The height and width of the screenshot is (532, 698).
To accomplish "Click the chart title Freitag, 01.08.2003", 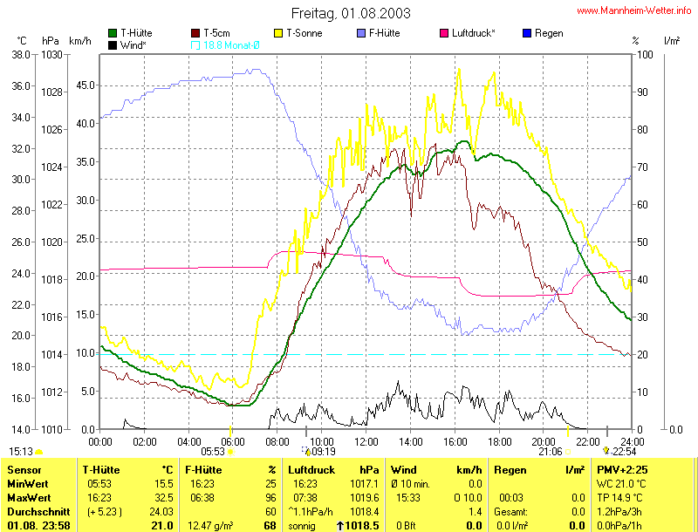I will [x=351, y=14].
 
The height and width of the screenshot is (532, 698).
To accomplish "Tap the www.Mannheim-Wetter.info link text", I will [x=634, y=11].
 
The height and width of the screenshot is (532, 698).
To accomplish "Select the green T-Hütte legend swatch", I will [x=113, y=33].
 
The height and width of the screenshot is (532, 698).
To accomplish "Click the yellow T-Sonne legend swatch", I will [x=280, y=33].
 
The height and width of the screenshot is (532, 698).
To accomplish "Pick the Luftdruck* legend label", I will [x=474, y=33].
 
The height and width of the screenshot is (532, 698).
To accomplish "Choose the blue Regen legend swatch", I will [x=526, y=33].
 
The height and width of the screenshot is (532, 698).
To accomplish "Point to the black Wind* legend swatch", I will [x=113, y=44].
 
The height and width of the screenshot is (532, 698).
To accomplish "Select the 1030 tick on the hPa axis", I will [x=51, y=54].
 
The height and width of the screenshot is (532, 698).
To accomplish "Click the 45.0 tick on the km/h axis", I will [x=85, y=85].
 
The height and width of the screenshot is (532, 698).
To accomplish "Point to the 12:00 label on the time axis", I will [x=365, y=440].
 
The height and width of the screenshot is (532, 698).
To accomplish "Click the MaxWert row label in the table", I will [x=30, y=497].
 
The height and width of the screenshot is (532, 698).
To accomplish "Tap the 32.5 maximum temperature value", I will [x=163, y=497].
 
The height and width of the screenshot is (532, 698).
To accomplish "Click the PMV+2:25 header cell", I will [x=622, y=469].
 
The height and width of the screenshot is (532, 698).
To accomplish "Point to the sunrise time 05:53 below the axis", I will [x=213, y=452].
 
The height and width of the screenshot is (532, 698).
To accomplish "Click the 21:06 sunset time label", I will [x=551, y=452].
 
